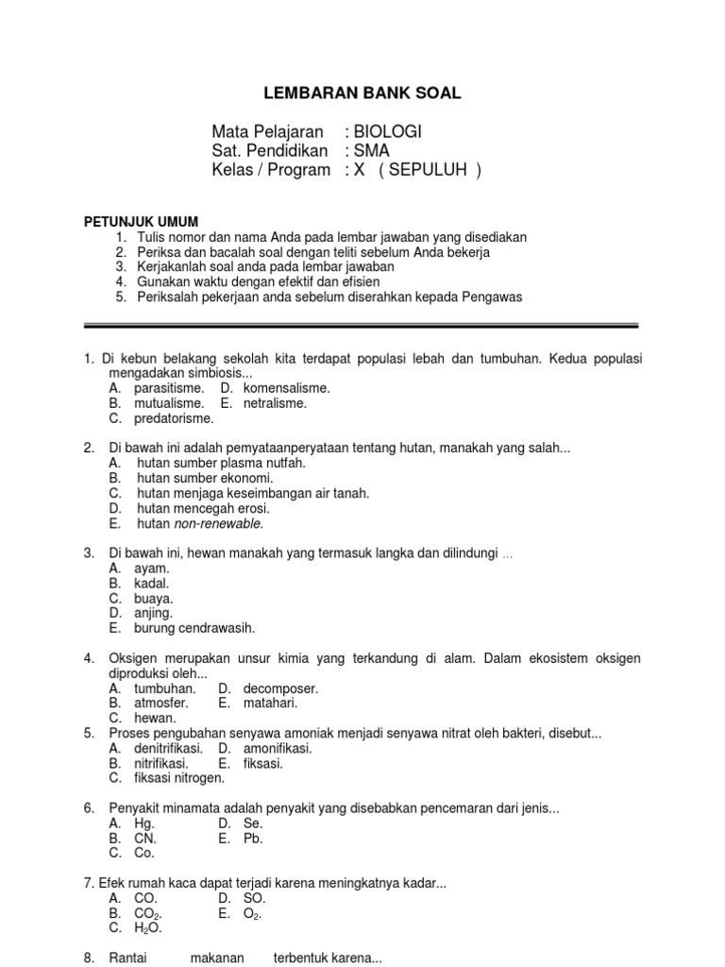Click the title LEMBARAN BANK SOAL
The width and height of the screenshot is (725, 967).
[362, 93]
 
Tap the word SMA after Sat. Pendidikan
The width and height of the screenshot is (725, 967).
[371, 150]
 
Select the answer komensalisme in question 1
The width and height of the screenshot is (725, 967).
[286, 388]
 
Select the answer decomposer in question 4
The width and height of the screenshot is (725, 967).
[280, 688]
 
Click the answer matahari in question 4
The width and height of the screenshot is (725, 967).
[270, 703]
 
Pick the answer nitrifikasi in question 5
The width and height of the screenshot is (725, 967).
[160, 763]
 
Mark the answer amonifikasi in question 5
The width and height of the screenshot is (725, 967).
[278, 748]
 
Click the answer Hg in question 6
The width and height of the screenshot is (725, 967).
[143, 823]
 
